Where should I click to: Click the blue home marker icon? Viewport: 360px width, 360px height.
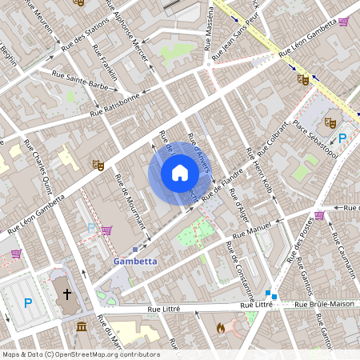tap(179, 173)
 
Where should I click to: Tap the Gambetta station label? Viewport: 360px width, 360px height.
tap(134, 261)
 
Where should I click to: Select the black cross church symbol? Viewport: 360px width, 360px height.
tap(67, 294)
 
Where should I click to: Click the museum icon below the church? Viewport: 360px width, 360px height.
tap(81, 326)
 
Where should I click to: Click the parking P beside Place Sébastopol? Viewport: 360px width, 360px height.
tap(343, 138)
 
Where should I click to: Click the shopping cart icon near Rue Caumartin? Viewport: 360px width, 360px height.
tap(320, 214)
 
